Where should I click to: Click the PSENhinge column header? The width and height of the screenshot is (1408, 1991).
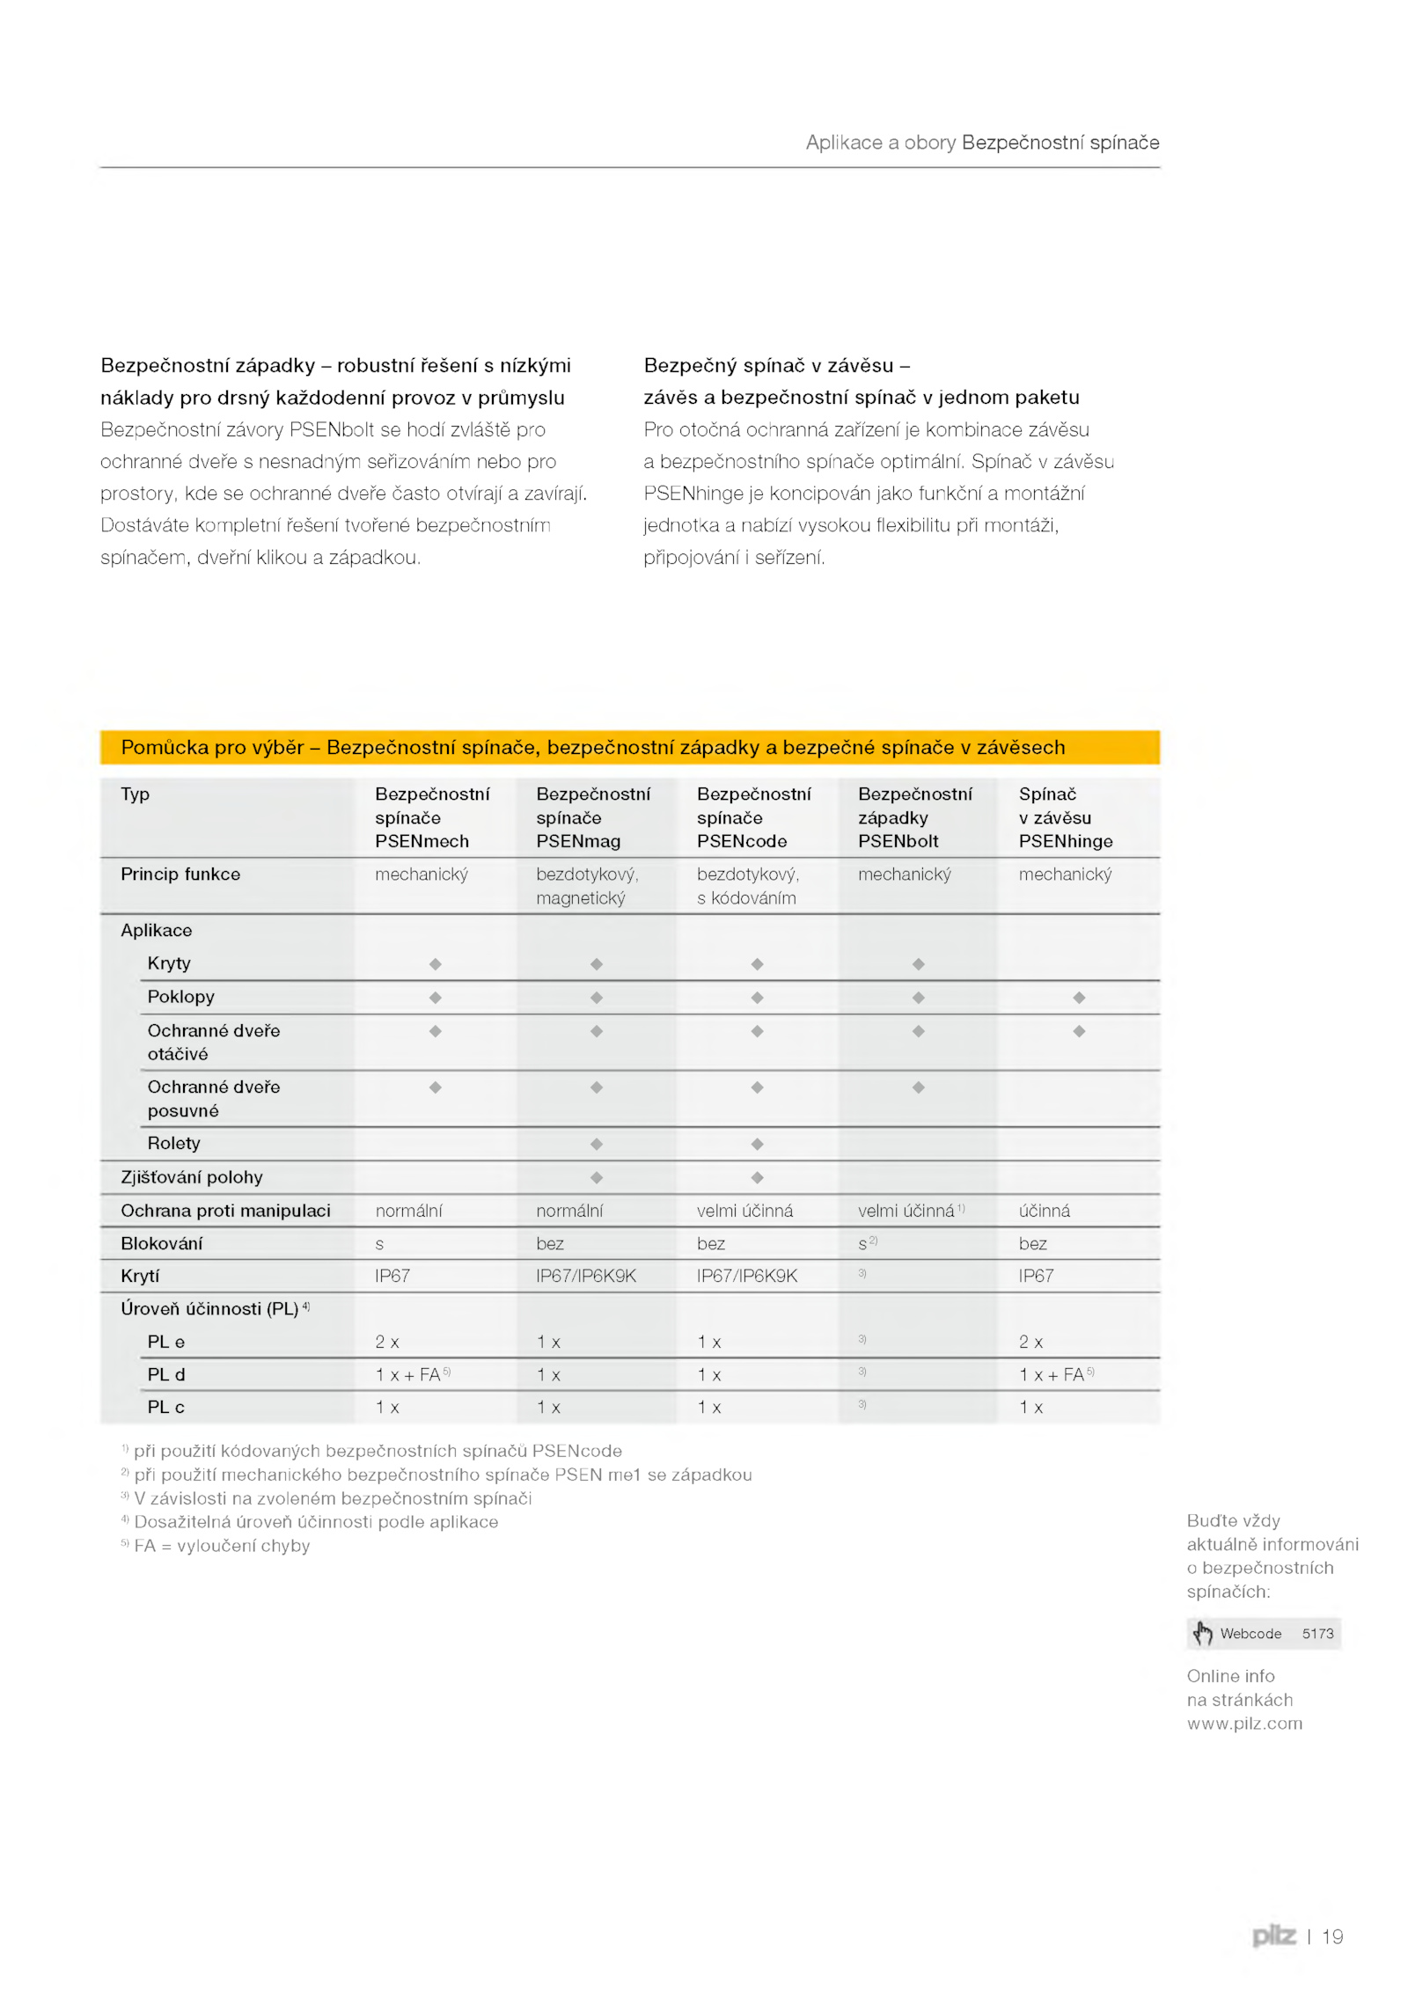(1065, 817)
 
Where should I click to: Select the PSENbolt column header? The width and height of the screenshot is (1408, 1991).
(914, 817)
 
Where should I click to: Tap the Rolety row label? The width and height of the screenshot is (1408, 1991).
(173, 1143)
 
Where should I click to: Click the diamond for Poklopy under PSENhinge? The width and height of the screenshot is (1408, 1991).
(1079, 997)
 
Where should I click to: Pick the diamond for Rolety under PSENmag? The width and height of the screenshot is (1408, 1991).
(596, 1144)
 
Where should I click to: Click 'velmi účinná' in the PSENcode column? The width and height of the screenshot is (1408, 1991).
(744, 1211)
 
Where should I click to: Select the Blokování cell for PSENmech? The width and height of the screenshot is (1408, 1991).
(379, 1244)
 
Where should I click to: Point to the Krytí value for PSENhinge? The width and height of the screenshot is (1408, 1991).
(1036, 1276)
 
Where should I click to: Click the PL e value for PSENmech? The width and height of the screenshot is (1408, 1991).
(387, 1342)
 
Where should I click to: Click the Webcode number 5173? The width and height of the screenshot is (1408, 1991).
(1317, 1634)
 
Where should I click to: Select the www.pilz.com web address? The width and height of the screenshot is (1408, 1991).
(1244, 1724)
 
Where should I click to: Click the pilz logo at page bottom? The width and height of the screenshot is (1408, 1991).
(1273, 1936)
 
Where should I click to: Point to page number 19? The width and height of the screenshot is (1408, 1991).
(1332, 1936)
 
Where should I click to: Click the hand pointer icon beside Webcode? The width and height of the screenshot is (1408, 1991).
(1202, 1634)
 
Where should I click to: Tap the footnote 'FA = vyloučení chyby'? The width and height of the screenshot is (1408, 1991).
(222, 1546)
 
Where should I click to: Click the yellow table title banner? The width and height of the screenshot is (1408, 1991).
(630, 747)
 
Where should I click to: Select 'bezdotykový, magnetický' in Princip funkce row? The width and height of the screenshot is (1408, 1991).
(587, 886)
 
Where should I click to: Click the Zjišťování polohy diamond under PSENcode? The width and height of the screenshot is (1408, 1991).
(757, 1177)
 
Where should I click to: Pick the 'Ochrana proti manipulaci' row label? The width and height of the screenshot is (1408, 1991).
(225, 1211)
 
